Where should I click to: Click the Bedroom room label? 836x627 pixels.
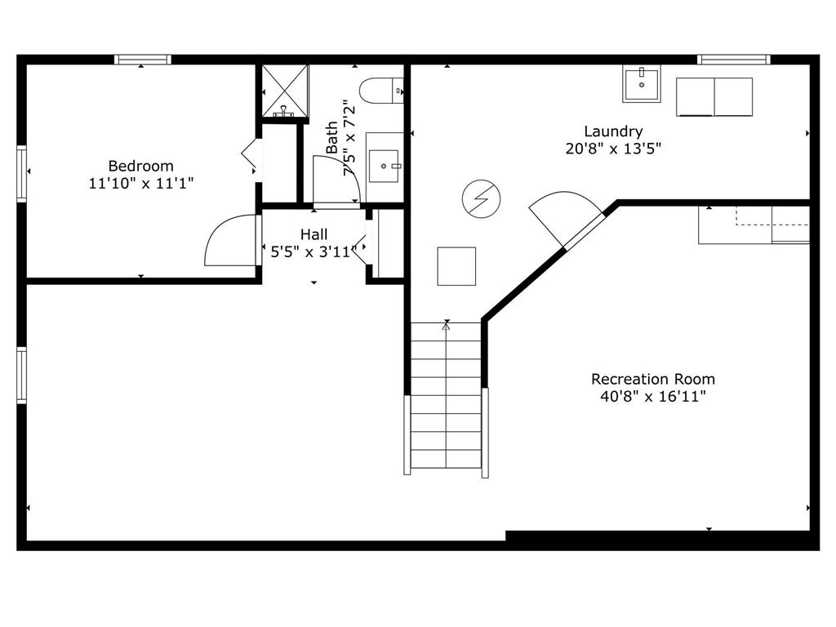[x=140, y=166]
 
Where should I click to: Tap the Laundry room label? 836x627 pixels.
[x=613, y=131]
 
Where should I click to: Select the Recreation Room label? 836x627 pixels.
[x=652, y=379]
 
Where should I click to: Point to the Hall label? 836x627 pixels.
[x=314, y=234]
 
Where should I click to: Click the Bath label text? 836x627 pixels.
[x=332, y=137]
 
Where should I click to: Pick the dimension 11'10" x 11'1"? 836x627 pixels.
[x=140, y=184]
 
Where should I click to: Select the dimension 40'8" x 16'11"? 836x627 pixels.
[x=652, y=397]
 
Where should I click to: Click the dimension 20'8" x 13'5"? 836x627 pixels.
[x=613, y=149]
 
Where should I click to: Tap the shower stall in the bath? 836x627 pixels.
[x=285, y=91]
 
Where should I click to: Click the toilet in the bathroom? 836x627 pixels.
[x=380, y=91]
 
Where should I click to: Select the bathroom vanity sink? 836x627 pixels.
[x=384, y=167]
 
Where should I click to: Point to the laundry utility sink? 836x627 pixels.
[x=642, y=84]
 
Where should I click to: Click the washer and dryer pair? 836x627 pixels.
[x=714, y=96]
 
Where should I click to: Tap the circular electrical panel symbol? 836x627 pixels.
[x=482, y=199]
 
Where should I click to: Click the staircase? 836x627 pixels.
[x=447, y=396]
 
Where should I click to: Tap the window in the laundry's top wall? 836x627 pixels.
[x=734, y=59]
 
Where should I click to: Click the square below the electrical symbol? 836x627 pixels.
[x=456, y=266]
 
